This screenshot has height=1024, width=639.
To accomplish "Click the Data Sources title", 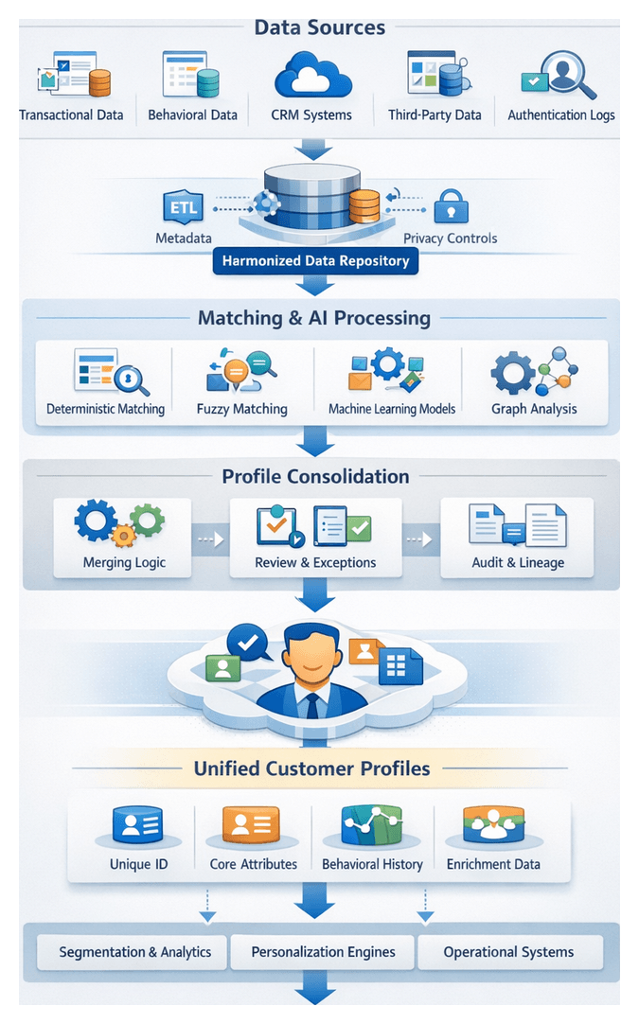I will tap(319, 27).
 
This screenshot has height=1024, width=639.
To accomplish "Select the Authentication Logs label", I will tap(560, 115).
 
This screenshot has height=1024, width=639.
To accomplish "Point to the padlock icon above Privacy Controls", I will tap(450, 205).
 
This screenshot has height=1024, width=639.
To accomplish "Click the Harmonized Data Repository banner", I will tap(315, 260).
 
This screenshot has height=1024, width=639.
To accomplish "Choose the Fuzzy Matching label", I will tap(241, 409).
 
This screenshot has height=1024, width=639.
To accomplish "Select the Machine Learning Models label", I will tap(392, 409).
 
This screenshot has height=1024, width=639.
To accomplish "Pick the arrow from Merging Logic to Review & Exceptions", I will tap(210, 539).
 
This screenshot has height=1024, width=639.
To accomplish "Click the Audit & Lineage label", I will tap(518, 562).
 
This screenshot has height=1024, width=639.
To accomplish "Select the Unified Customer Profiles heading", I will tap(311, 768).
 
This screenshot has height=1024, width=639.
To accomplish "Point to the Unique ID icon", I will tap(138, 825).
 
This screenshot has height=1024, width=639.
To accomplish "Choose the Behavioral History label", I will tap(372, 864).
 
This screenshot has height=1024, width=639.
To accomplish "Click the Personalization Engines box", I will tap(323, 952).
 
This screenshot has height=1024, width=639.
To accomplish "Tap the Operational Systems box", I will tap(508, 952).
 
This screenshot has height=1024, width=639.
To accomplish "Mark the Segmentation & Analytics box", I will tap(134, 952).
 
